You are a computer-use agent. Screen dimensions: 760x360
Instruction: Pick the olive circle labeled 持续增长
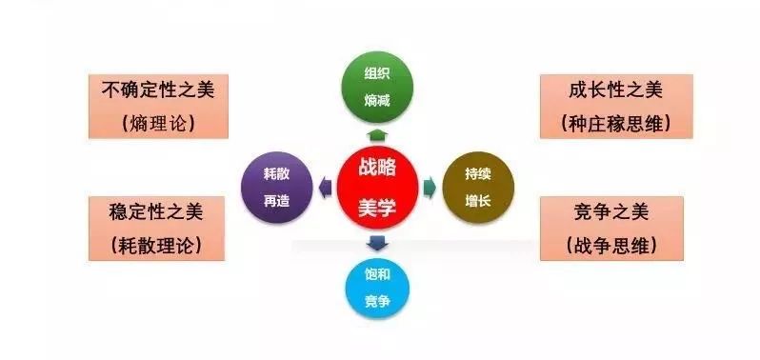click(477, 187)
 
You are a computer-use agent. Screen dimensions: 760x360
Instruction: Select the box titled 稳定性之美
click(156, 229)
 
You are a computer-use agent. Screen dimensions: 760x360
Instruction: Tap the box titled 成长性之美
click(615, 106)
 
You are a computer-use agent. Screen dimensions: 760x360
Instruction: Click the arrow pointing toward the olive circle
click(430, 187)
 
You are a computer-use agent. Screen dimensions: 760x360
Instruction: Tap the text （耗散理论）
click(156, 246)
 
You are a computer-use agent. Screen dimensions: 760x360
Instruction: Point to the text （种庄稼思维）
click(615, 123)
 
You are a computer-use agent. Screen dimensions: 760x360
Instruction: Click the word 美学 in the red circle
click(377, 206)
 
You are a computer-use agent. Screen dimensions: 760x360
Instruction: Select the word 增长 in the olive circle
click(477, 199)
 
